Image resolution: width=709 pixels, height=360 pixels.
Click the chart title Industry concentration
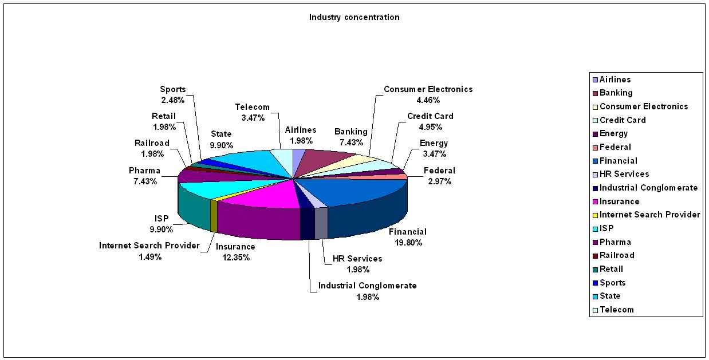[x=354, y=17]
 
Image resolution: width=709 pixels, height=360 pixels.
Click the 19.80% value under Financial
[x=407, y=242]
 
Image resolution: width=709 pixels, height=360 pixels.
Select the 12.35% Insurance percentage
[x=235, y=257]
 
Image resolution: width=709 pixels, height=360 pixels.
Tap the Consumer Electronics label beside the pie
[x=428, y=89]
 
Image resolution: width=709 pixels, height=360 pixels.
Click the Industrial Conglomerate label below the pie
[x=367, y=286]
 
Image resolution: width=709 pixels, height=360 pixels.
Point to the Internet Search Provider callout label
[x=149, y=246]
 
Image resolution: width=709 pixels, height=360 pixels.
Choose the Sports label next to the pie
[x=172, y=89]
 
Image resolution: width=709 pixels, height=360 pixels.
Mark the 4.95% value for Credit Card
[x=430, y=126]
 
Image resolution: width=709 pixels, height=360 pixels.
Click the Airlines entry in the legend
[x=615, y=80]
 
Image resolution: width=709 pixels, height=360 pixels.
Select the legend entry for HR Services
[x=624, y=174]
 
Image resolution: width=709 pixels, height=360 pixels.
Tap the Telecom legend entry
[x=616, y=310]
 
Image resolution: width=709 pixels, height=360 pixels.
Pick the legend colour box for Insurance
[x=595, y=202]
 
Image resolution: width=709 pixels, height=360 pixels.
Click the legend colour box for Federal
[x=595, y=148]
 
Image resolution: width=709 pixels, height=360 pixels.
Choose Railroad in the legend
[x=616, y=255]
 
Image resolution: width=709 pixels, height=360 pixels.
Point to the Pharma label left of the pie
[x=144, y=171]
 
